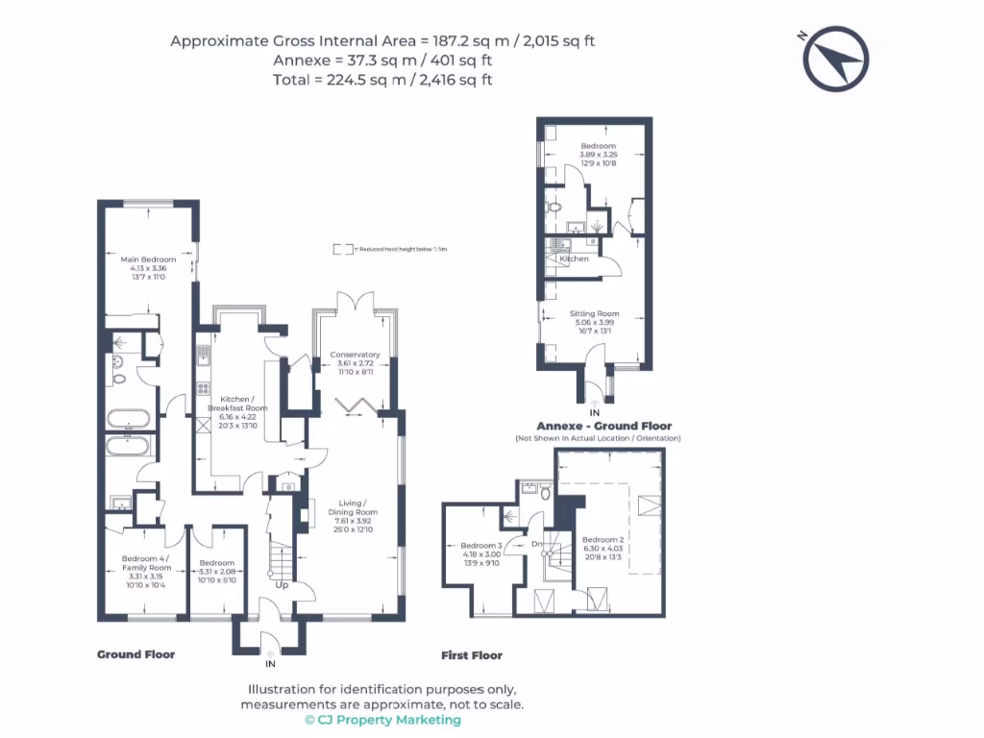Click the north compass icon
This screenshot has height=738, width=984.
point(836,59)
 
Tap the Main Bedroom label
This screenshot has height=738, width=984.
point(148,259)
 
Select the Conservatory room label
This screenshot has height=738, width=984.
point(355,355)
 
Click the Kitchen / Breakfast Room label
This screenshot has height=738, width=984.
point(237,404)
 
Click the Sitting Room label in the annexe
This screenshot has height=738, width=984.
point(596,313)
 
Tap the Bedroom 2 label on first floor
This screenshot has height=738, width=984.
point(603,539)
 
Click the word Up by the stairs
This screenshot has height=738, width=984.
point(282,584)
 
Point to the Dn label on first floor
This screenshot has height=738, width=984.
point(537,544)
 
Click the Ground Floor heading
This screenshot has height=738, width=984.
point(135,654)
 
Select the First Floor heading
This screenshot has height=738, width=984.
point(472,655)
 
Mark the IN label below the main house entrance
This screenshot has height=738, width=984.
point(270,663)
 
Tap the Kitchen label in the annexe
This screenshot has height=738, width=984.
point(575,259)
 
